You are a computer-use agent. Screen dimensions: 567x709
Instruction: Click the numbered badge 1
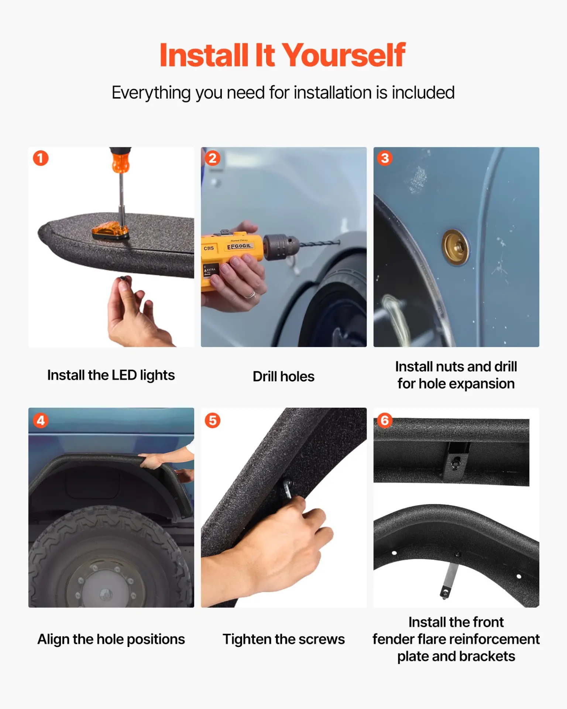41,158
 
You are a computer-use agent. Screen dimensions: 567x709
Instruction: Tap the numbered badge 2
213,158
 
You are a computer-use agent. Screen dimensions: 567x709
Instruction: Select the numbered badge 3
385,158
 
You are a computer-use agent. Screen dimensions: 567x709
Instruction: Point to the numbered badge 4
41,420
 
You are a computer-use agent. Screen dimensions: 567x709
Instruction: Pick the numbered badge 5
213,420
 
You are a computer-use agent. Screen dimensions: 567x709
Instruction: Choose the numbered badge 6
385,420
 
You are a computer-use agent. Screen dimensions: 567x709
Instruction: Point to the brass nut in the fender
456,247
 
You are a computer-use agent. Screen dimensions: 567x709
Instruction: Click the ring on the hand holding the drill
251,295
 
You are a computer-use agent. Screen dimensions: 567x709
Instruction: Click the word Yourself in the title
344,55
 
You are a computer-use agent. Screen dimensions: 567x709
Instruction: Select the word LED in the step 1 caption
124,375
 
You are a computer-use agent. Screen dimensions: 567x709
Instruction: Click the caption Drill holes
283,376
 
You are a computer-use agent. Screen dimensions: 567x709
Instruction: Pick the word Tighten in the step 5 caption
247,639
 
